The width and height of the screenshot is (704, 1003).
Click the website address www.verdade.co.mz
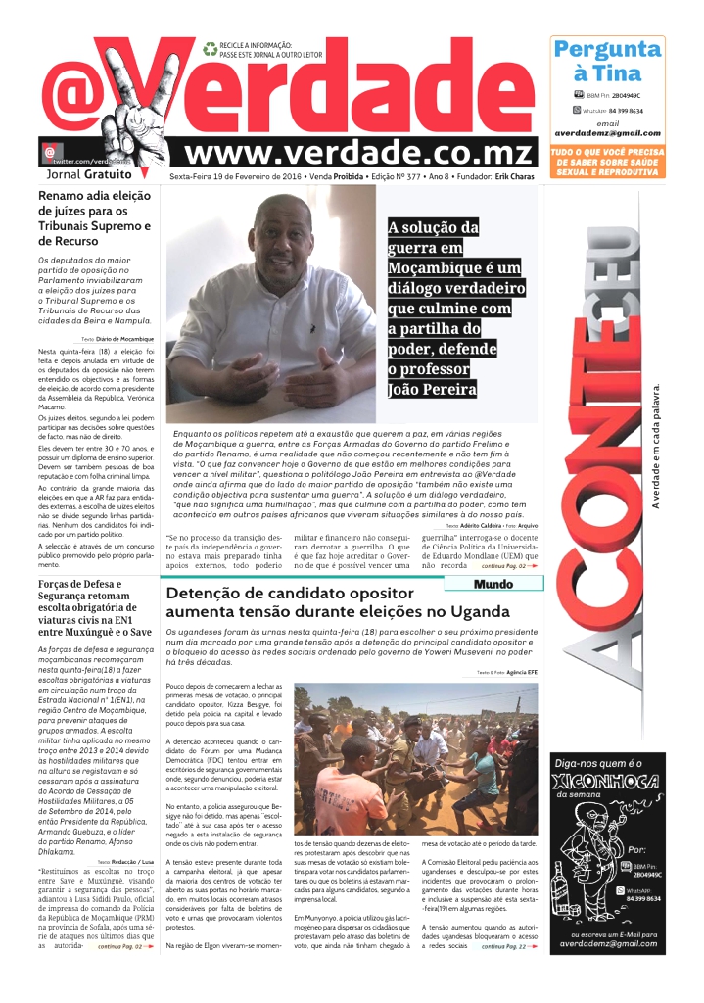point(360,153)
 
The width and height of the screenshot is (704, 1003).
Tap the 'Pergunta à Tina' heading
point(606,61)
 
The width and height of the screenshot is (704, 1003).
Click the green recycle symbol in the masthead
point(210,47)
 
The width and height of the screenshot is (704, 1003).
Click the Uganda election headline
point(338,602)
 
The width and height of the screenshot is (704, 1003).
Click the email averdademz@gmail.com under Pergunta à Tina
point(607,133)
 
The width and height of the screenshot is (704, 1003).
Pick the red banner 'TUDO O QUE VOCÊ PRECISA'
point(607,152)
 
